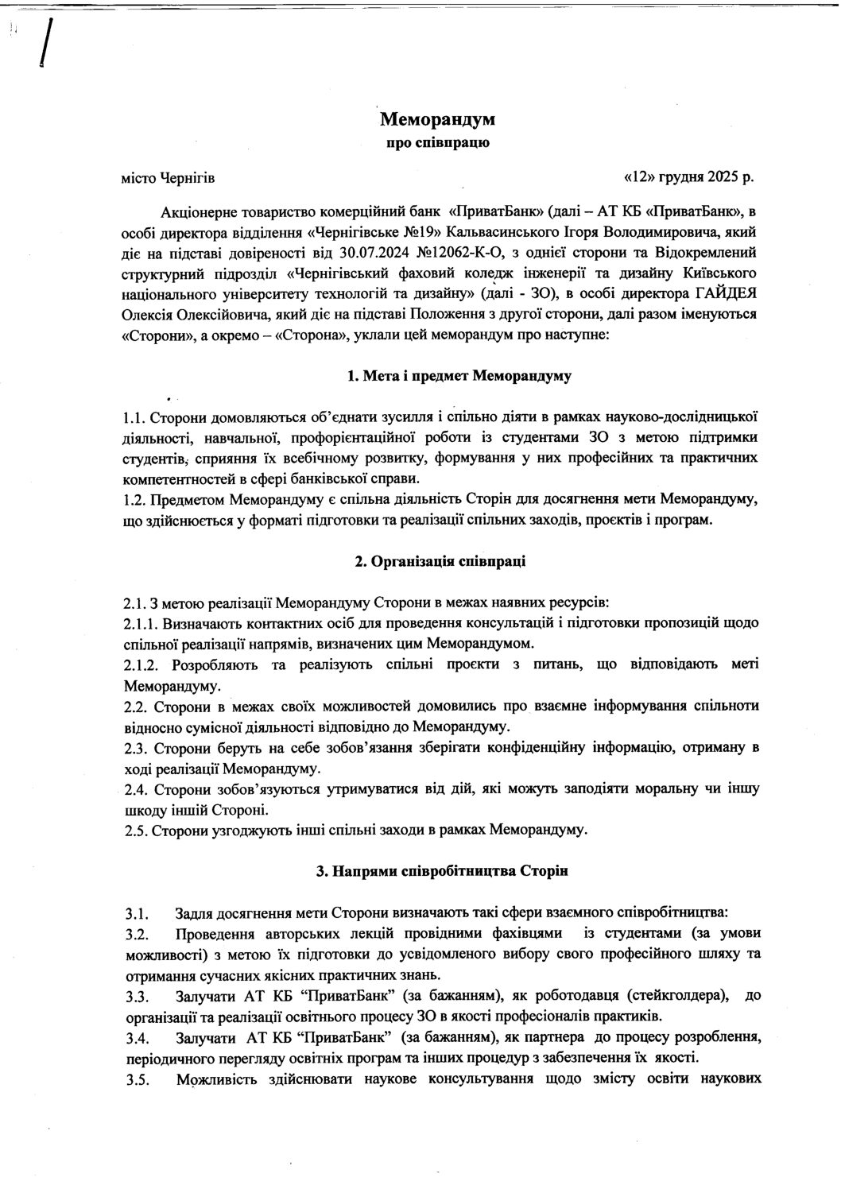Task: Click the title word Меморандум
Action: click(x=437, y=120)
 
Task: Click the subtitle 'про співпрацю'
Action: click(x=437, y=144)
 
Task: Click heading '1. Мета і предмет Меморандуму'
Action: click(x=459, y=376)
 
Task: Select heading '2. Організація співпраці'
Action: click(x=440, y=562)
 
